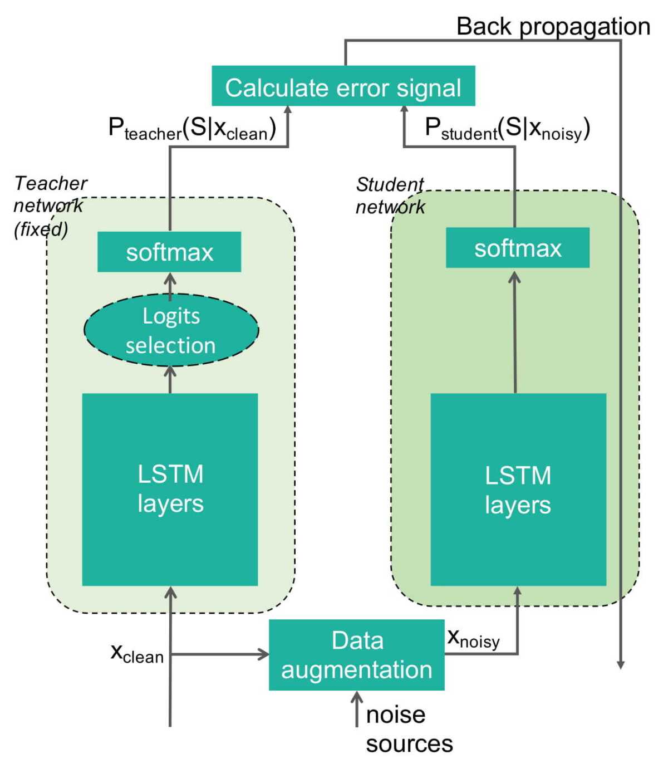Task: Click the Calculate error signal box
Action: (x=343, y=86)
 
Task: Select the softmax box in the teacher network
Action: (x=169, y=252)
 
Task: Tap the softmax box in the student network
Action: (x=518, y=248)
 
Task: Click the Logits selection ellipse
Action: (x=171, y=330)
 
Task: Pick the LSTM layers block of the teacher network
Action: (x=170, y=489)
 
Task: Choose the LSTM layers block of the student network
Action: (x=518, y=489)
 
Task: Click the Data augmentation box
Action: (x=356, y=655)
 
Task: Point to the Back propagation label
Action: (x=553, y=26)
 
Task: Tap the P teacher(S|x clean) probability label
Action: (x=192, y=129)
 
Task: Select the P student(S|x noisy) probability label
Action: (x=507, y=129)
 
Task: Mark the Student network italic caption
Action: (x=390, y=195)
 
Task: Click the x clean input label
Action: (x=137, y=653)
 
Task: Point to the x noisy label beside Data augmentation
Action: (x=473, y=638)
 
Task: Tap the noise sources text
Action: (x=409, y=728)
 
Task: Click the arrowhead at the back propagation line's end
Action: (x=620, y=664)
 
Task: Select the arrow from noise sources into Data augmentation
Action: (x=357, y=708)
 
